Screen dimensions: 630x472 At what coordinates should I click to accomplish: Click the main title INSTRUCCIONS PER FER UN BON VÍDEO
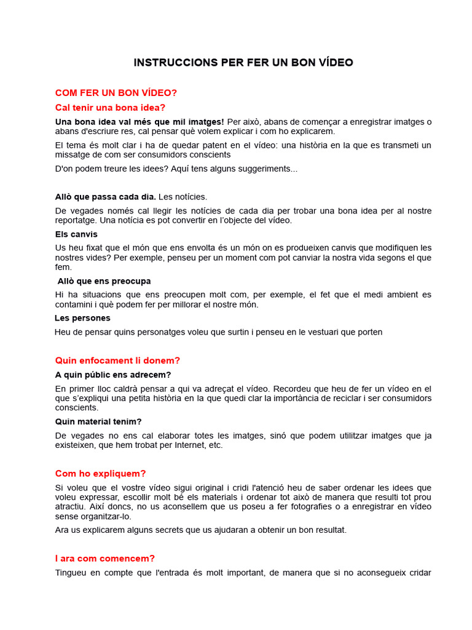tap(243, 63)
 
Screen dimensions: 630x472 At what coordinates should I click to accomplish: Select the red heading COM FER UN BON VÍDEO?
tap(116, 93)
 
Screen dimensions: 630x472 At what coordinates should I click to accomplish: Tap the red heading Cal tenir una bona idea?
tap(110, 108)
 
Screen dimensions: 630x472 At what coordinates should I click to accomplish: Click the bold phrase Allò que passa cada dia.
tap(105, 197)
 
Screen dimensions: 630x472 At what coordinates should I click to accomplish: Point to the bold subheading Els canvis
tap(76, 234)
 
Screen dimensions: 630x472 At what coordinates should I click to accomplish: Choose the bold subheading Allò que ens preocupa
tap(104, 281)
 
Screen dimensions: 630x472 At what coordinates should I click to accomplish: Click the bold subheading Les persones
tap(82, 318)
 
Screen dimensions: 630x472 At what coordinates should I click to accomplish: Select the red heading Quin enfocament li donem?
tap(117, 361)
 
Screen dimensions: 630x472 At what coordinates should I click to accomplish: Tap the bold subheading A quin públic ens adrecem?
tap(113, 375)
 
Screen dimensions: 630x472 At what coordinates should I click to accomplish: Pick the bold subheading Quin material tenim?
tap(98, 421)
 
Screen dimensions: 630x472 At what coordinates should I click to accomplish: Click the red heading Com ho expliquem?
tap(100, 474)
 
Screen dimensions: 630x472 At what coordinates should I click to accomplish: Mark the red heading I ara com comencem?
tap(104, 559)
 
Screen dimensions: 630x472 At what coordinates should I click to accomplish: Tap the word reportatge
tap(76, 220)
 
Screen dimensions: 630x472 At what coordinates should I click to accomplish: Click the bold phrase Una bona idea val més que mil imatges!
tap(140, 122)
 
